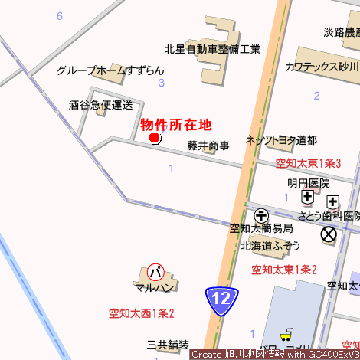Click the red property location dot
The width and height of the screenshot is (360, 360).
tap(154, 138)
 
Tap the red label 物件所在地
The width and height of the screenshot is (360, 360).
tap(175, 124)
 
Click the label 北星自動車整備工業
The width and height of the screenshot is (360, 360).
tap(213, 50)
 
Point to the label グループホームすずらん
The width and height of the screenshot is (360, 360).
tap(110, 70)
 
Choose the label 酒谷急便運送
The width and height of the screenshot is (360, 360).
tap(100, 104)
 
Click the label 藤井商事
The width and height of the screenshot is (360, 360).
tap(208, 146)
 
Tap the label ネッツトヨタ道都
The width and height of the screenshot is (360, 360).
tap(281, 140)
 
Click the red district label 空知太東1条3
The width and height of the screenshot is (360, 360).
tap(308, 163)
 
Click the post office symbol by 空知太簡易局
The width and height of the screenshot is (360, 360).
tap(262, 216)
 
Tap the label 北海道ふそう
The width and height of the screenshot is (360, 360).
tap(270, 246)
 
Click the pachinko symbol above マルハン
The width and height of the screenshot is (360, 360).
tap(155, 272)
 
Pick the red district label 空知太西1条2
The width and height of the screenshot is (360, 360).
tap(142, 313)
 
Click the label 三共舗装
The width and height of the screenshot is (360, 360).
tap(168, 345)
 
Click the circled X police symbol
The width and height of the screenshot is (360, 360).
tap(329, 234)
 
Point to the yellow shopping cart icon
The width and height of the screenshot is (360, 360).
tap(286, 335)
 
